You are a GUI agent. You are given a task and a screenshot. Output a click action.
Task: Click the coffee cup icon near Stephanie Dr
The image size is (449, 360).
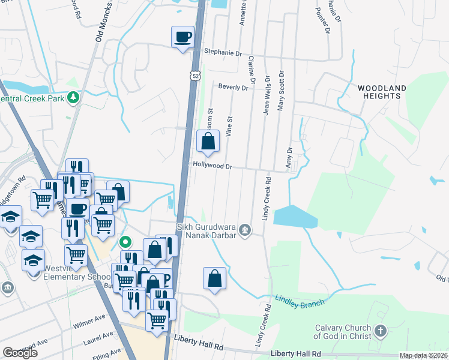(x=183, y=37)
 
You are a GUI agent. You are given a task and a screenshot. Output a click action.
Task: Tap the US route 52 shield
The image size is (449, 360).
(x=196, y=76)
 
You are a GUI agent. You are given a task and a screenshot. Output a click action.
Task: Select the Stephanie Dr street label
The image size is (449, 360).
(x=223, y=52)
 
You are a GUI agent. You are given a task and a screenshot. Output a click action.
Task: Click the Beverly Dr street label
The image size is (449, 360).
(x=233, y=87)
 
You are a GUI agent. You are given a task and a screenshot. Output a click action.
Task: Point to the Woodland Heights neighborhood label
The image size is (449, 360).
(x=382, y=92)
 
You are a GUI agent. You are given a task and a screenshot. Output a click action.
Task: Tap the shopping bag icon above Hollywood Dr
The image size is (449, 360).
(x=208, y=142)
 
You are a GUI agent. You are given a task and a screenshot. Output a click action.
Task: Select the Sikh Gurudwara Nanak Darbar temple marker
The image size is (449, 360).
(x=244, y=229)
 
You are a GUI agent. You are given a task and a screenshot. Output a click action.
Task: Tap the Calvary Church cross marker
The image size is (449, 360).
(x=379, y=331)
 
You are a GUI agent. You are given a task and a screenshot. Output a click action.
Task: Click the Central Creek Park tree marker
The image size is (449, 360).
(x=74, y=97)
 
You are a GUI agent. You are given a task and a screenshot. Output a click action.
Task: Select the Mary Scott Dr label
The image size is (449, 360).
(x=280, y=90)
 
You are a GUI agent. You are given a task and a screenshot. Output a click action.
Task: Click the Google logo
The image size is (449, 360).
(x=20, y=353)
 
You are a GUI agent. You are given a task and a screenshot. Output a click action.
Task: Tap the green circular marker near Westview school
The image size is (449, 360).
(x=125, y=242)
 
